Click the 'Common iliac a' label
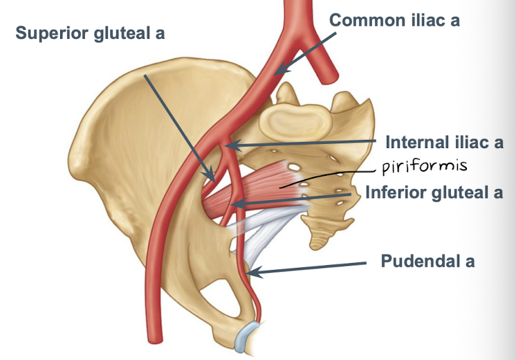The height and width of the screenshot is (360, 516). coord(394,20)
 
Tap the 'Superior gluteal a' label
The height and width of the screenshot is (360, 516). coord(91,33)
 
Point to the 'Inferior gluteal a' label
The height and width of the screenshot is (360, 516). coord(434,192)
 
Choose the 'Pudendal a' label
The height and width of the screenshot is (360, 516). coord(427,262)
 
